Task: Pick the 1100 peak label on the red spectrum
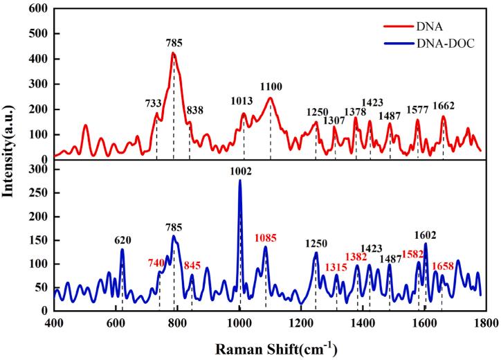point(271,87)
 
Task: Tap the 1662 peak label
point(444,106)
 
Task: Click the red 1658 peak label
point(444,266)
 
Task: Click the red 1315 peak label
point(337,267)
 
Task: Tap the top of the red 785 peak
point(173,53)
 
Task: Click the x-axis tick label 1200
point(301,322)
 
